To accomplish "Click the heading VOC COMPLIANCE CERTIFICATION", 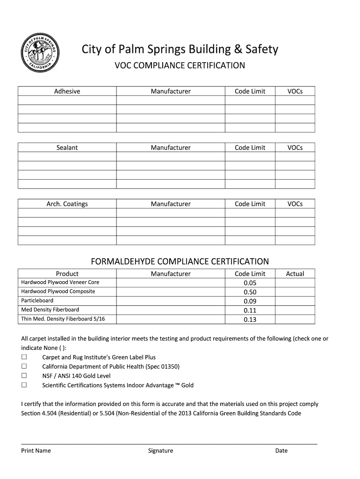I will tap(180, 65).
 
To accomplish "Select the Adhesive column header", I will tap(67, 91).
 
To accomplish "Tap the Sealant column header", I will tap(67, 147).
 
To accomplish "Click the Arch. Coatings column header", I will tap(67, 204).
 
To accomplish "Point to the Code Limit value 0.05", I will tap(250, 283).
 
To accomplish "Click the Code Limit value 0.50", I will tap(250, 292).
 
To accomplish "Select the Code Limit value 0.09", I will tap(250, 301).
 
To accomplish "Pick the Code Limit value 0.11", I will tap(250, 310).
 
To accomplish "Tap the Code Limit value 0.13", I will tap(250, 319).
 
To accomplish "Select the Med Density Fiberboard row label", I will tap(50, 310).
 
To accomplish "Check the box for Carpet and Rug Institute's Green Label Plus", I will tap(24, 357).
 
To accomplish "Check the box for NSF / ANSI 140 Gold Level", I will tap(24, 376).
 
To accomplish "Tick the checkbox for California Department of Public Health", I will tap(24, 366).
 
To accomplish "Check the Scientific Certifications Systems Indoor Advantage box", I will tap(24, 385).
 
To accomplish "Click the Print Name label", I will tap(36, 451).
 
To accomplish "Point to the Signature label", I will tap(160, 451).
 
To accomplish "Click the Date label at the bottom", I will tap(281, 451).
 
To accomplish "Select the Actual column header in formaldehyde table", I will tap(295, 274).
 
